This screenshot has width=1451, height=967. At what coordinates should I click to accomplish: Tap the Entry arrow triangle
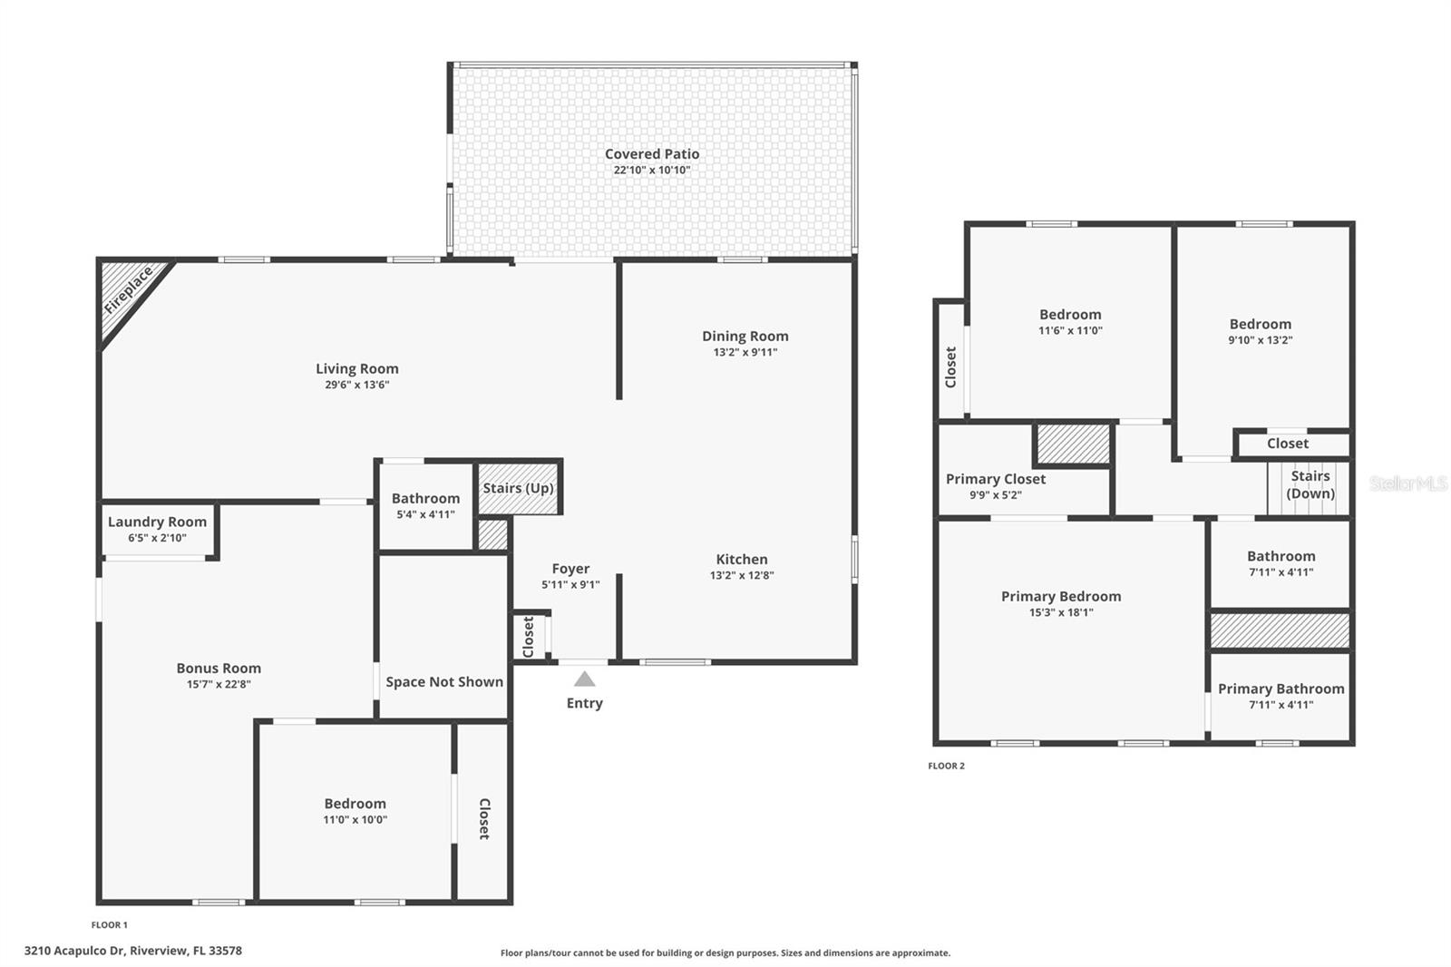(x=585, y=679)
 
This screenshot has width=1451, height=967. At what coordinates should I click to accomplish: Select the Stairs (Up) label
(x=518, y=488)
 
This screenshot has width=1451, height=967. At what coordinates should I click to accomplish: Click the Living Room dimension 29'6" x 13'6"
(x=357, y=385)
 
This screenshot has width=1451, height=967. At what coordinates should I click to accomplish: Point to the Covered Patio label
(x=652, y=154)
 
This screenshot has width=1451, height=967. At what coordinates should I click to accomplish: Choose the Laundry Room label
(x=157, y=522)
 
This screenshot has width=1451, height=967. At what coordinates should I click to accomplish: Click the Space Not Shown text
(x=444, y=682)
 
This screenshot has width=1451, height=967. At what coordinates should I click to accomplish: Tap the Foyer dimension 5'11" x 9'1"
(x=570, y=585)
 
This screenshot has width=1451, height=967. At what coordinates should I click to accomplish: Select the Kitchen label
(x=742, y=560)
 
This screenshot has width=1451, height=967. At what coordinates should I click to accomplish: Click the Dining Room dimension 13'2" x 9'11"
(x=745, y=353)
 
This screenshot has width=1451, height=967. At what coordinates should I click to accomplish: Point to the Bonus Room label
(x=219, y=669)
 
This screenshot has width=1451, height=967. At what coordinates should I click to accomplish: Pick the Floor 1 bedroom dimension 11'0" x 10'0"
(x=355, y=820)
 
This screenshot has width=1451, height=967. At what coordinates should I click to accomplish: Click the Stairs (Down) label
(x=1310, y=484)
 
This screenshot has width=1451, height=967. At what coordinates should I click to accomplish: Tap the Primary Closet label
(x=996, y=479)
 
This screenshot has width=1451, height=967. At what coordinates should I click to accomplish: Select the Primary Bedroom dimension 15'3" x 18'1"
(x=1061, y=612)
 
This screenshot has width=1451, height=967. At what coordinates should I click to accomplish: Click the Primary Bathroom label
(x=1281, y=689)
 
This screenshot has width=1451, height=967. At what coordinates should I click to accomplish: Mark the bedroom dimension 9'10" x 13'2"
(x=1261, y=340)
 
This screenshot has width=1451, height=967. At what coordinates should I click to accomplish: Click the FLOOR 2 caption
(x=946, y=767)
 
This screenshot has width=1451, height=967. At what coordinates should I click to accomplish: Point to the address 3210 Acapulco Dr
(x=132, y=951)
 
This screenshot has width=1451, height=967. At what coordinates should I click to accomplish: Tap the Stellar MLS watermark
(x=1407, y=483)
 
